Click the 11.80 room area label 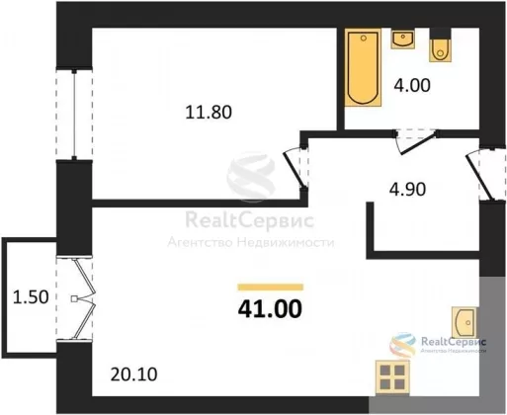pyautogui.click(x=209, y=112)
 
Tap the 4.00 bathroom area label pyautogui.click(x=412, y=85)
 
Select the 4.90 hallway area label pyautogui.click(x=407, y=190)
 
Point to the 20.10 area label pyautogui.click(x=133, y=374)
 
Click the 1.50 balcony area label pyautogui.click(x=31, y=296)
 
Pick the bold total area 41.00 pyautogui.click(x=270, y=309)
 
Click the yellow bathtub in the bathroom pyautogui.click(x=363, y=67)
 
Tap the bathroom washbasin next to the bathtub pyautogui.click(x=403, y=40)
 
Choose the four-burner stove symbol pyautogui.click(x=392, y=377)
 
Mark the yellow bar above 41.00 pyautogui.click(x=270, y=288)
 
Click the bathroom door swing pyautogui.click(x=417, y=142)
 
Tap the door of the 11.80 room pyautogui.click(x=295, y=169)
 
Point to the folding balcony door pyautogui.click(x=85, y=299)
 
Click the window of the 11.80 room pyautogui.click(x=74, y=114)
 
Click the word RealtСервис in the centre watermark pyautogui.click(x=249, y=220)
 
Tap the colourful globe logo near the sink pyautogui.click(x=402, y=345)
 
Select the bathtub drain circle pyautogui.click(x=364, y=39)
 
